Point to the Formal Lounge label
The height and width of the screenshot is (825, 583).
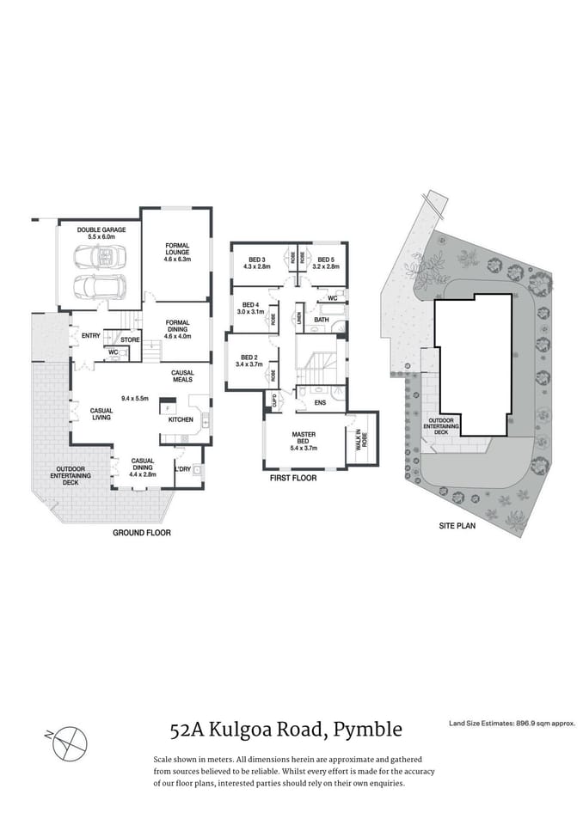[x=177, y=250]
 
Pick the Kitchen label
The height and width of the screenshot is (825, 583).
[x=180, y=419]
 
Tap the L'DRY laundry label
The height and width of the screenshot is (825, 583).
[x=182, y=469]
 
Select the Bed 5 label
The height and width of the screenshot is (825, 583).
[x=326, y=263]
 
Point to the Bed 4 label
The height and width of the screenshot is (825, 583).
[x=251, y=308]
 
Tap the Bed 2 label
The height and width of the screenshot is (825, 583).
[x=250, y=361]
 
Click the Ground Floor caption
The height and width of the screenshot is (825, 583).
[x=142, y=533]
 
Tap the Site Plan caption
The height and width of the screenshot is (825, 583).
[x=456, y=525]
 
